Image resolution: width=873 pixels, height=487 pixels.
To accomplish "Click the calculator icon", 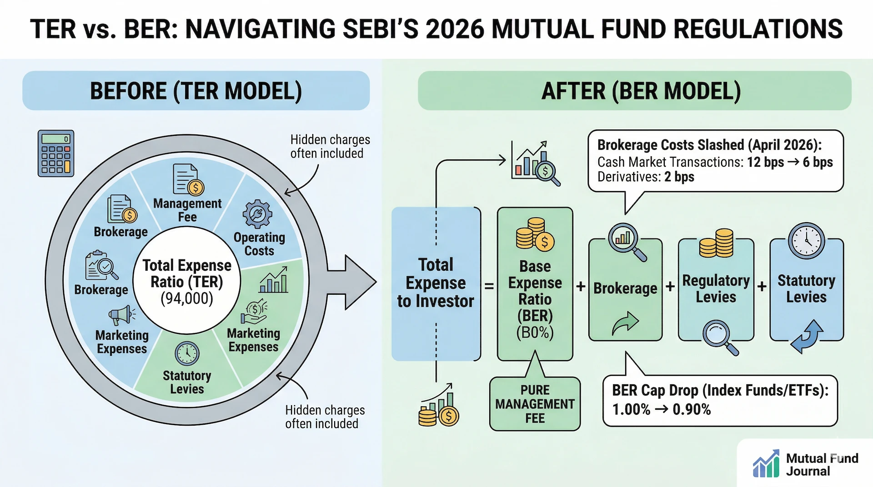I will [56, 154].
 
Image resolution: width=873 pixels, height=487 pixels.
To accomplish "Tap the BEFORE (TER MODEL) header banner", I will [196, 90].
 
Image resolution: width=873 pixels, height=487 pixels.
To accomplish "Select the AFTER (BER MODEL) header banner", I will [634, 90].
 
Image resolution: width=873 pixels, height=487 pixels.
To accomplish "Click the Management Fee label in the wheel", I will [187, 210].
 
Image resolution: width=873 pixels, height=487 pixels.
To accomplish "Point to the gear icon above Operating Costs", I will [257, 214].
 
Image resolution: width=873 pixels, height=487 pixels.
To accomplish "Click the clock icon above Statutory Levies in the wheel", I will [187, 353].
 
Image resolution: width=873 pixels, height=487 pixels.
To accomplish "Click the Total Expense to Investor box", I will [436, 283].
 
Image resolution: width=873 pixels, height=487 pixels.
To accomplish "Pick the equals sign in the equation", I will [489, 286].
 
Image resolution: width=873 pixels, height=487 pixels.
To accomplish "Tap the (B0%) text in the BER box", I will [535, 333].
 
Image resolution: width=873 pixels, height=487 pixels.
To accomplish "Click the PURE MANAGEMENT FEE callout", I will [535, 404].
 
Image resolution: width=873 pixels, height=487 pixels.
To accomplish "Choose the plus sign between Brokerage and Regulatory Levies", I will [670, 287].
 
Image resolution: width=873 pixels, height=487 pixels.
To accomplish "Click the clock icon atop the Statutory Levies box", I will [806, 241].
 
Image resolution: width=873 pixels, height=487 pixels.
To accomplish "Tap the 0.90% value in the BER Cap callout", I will [692, 409].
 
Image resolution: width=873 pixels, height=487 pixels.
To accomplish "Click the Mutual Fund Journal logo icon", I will [766, 464].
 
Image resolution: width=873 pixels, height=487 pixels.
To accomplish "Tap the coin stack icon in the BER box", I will [535, 234].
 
